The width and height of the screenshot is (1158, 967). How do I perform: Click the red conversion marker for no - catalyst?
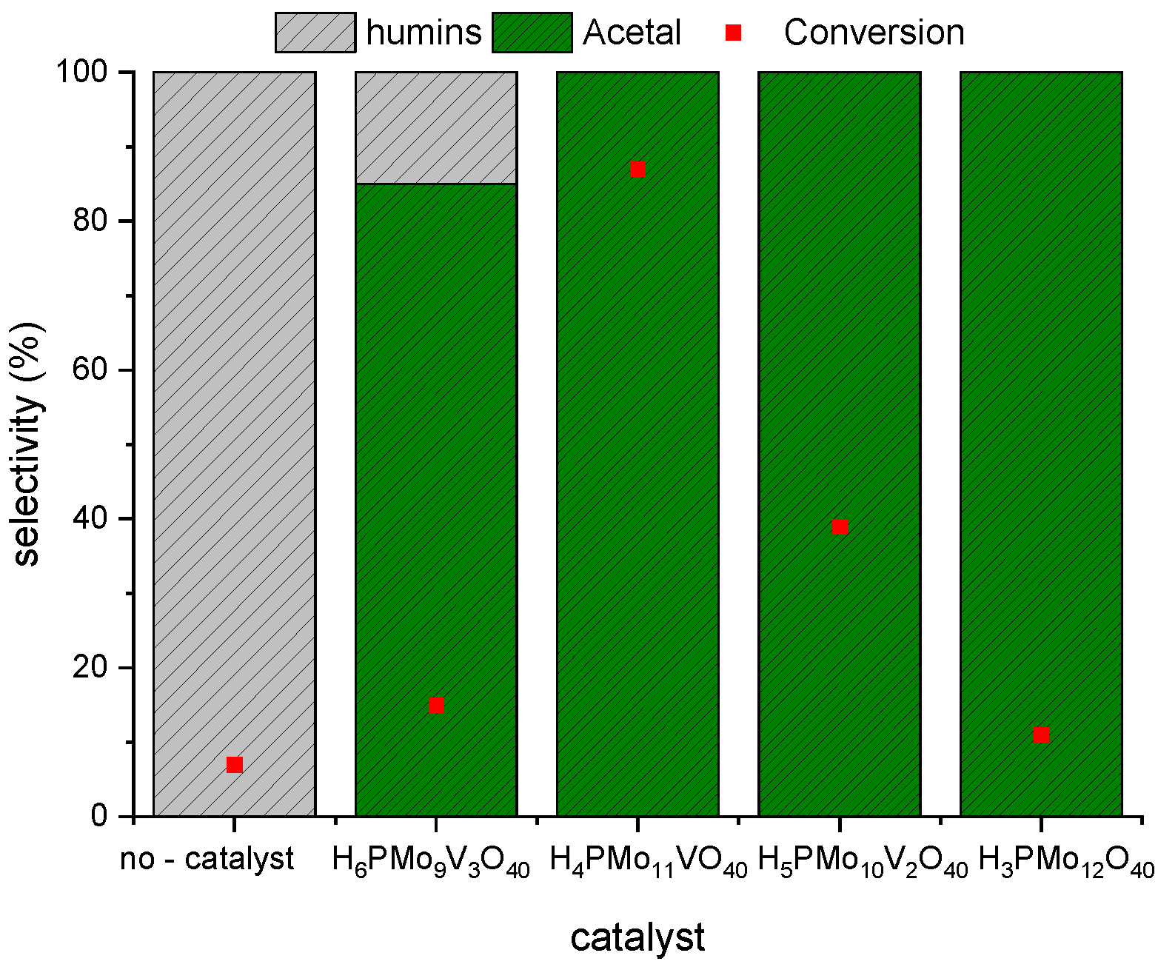click(x=235, y=764)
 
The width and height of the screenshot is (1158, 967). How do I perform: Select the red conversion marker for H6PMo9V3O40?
click(x=436, y=705)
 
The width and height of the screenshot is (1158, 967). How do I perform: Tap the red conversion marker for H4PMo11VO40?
click(x=637, y=170)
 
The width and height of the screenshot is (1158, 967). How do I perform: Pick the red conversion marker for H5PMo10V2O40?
click(x=840, y=526)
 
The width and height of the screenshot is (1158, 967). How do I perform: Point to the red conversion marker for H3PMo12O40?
click(x=1041, y=735)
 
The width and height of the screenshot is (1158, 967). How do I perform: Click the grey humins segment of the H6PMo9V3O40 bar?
click(x=436, y=128)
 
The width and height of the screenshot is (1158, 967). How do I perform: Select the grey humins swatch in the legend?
click(x=315, y=33)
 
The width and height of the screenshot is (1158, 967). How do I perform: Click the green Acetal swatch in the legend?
click(x=532, y=33)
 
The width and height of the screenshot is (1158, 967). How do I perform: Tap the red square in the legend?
click(x=733, y=33)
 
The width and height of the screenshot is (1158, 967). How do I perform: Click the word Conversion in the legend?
click(x=874, y=33)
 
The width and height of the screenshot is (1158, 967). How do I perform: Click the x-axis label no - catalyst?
click(x=207, y=860)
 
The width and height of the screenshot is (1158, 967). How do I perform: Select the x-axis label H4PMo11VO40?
click(x=649, y=862)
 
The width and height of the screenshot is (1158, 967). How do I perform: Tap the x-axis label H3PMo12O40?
click(x=1066, y=862)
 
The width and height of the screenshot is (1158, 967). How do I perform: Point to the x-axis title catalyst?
click(x=637, y=937)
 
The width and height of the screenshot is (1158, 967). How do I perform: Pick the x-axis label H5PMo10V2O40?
click(x=863, y=862)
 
